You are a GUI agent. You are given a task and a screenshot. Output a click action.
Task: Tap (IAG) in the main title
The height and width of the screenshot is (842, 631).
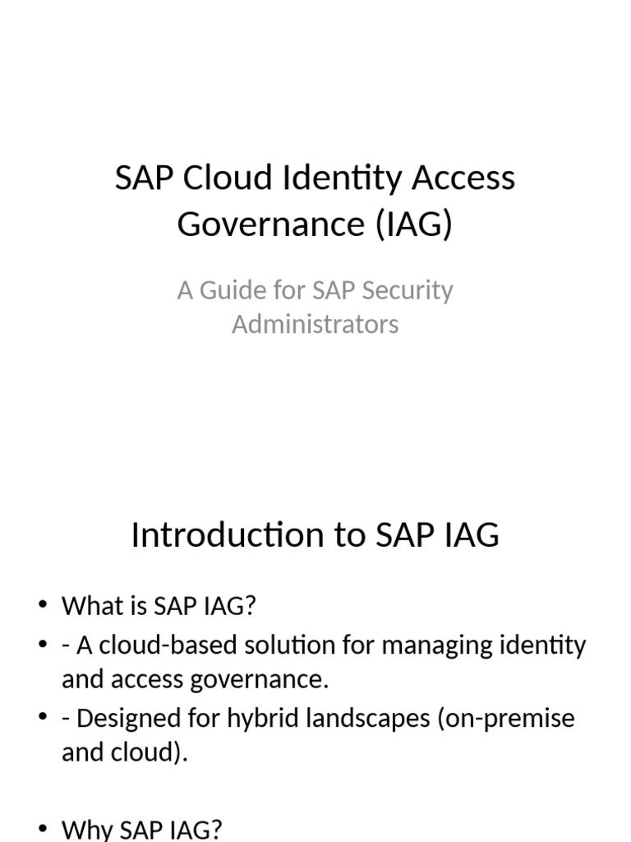tap(416, 224)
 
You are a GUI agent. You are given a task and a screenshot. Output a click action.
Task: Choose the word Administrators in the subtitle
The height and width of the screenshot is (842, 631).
tap(315, 324)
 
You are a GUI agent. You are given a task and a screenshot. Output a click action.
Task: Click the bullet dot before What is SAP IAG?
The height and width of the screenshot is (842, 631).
tap(44, 607)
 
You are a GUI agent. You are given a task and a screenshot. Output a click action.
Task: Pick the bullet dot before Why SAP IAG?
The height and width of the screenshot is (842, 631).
tap(44, 830)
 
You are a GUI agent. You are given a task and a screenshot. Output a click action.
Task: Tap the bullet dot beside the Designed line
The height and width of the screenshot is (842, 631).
tap(44, 719)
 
